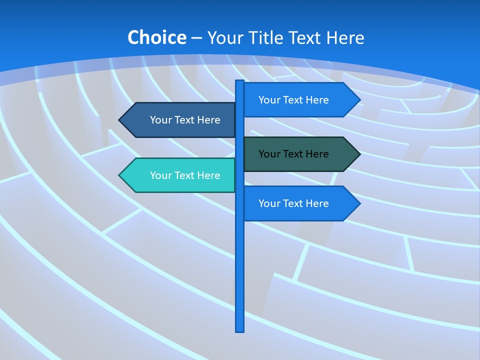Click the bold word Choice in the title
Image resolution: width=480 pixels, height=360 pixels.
coord(156,37)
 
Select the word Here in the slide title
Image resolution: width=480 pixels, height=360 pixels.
coord(345,37)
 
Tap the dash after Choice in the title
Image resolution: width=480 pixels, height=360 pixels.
coord(196,38)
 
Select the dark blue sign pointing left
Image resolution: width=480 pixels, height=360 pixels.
coord(180,120)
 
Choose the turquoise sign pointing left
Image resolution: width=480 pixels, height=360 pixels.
coord(180,175)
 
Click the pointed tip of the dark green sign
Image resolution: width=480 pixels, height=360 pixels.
coord(359,154)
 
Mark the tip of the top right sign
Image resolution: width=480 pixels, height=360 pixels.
coord(359,100)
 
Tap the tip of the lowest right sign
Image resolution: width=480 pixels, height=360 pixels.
coord(359,203)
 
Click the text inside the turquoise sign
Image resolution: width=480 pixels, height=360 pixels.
coord(185,175)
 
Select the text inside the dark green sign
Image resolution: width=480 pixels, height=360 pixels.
coord(293,154)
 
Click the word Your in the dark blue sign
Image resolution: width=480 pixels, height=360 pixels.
coord(160,120)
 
